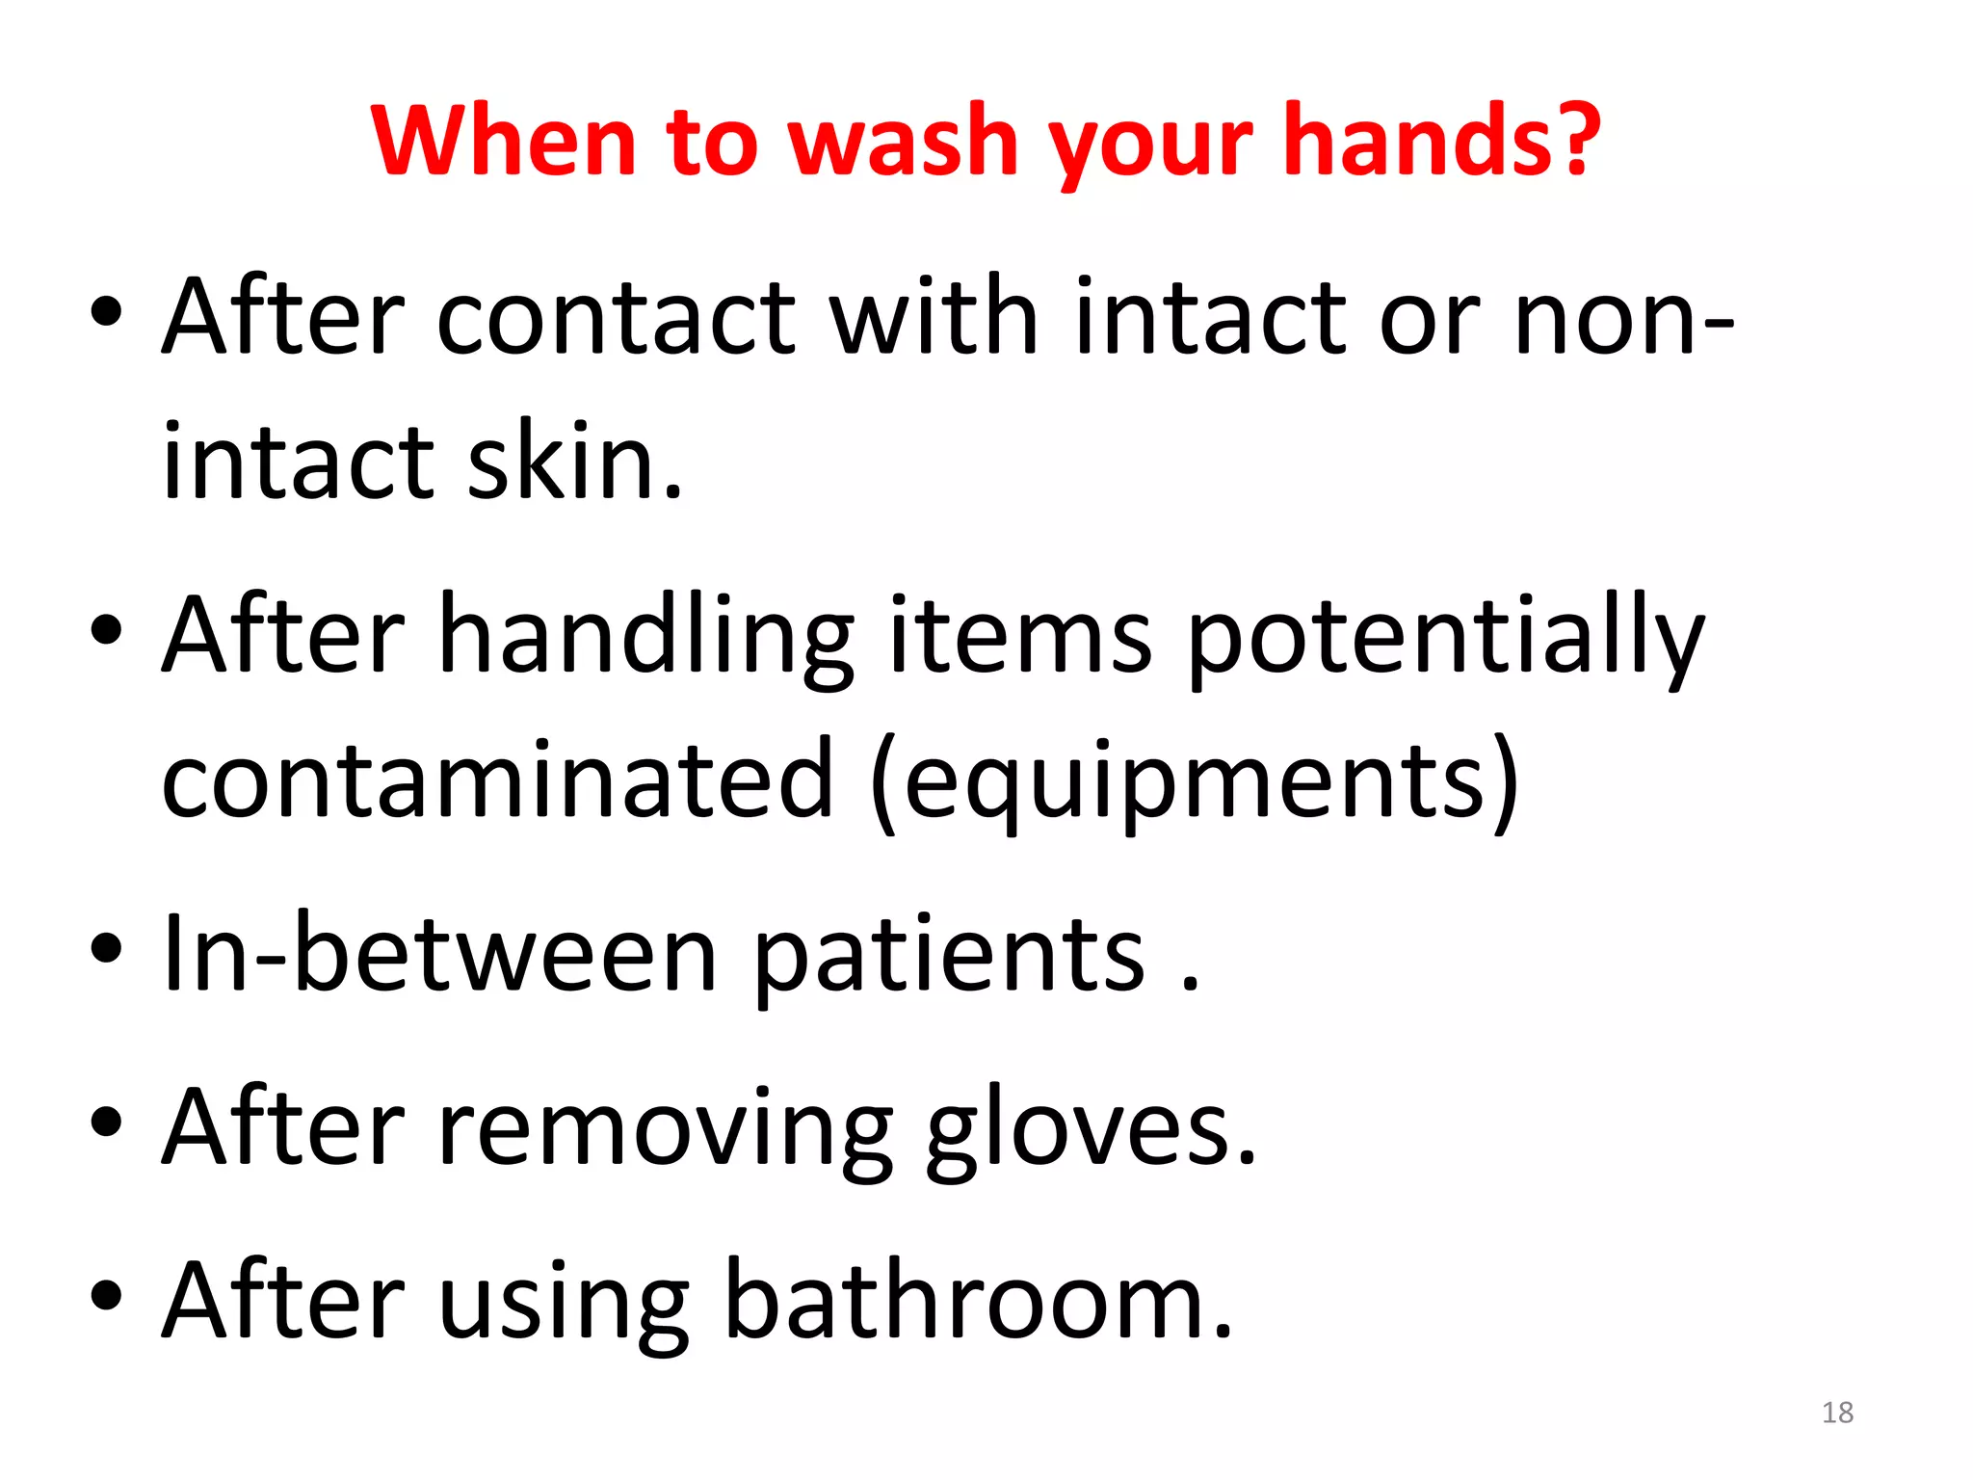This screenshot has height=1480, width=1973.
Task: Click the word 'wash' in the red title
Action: tap(903, 142)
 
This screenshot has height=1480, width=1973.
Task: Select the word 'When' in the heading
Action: tap(503, 142)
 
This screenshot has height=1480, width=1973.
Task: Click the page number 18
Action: tap(1837, 1413)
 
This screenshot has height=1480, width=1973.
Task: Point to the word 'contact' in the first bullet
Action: tap(616, 318)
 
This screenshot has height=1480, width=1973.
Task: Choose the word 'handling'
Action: tap(645, 636)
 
